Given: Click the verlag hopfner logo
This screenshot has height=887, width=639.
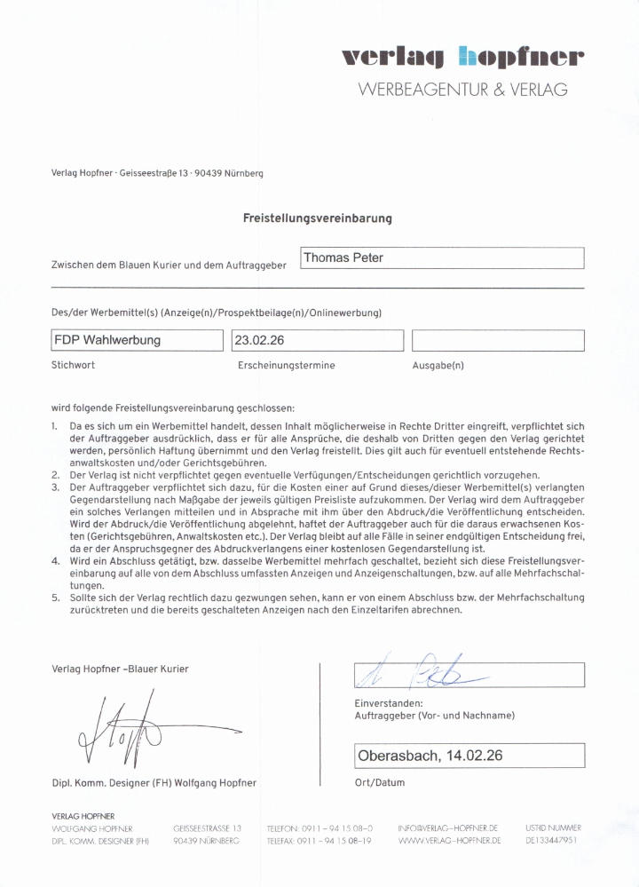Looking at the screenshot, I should click(463, 58).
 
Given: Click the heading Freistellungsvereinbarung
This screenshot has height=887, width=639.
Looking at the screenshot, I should click(318, 218).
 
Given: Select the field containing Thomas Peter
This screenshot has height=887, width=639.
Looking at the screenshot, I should click(442, 258).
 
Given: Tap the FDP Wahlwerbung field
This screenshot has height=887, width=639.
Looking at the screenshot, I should click(138, 340).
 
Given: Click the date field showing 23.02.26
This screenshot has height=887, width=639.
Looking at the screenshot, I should click(317, 340).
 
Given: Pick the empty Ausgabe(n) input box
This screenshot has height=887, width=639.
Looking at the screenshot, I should click(498, 340).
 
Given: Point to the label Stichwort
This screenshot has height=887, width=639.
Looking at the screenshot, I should click(74, 365).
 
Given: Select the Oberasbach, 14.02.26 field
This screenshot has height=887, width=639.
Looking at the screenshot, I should click(469, 756).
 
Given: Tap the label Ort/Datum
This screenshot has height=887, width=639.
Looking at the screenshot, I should click(379, 782).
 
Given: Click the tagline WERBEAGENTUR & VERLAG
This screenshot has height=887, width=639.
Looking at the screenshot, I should click(462, 90).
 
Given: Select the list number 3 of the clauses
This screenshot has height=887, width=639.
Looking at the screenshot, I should click(55, 487).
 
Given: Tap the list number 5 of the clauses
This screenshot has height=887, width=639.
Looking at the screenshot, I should click(55, 598).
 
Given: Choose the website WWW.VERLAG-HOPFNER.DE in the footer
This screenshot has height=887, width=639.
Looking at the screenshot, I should click(448, 840).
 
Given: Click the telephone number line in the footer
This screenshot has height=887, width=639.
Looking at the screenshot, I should click(319, 828).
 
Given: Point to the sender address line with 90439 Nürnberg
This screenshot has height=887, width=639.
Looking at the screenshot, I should click(157, 173).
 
